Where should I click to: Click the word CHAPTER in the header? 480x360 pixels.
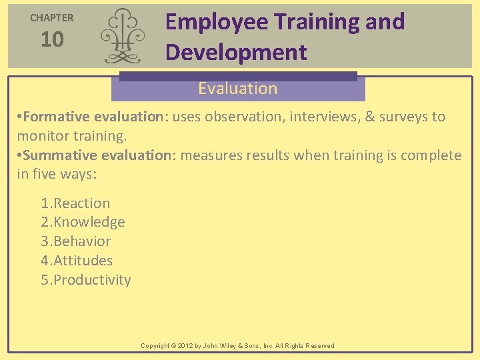point(52,18)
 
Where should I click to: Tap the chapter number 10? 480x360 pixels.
point(52,40)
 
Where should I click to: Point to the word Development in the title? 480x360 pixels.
point(236,52)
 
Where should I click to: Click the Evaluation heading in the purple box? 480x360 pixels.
point(237,89)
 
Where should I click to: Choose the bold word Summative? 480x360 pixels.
point(60,155)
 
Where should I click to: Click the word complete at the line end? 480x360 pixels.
point(433,155)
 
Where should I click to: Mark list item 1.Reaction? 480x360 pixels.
point(75,203)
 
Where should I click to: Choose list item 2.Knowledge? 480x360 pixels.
point(83,222)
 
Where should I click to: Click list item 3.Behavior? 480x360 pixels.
point(76,241)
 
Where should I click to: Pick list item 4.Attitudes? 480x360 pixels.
point(77,261)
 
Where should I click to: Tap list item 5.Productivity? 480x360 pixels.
point(86,280)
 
